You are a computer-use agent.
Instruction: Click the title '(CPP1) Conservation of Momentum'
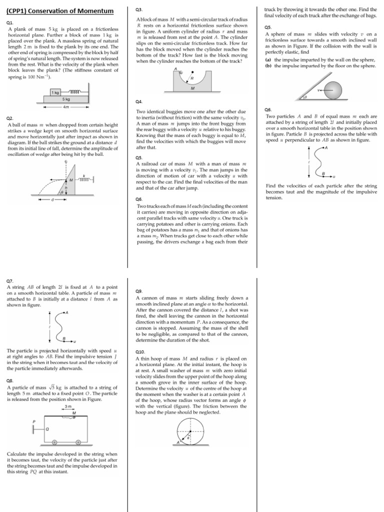pos(59,11)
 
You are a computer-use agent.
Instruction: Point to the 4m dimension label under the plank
pos(66,107)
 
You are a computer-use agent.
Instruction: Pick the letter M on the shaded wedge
pos(71,179)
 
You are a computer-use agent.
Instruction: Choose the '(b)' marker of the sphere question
pos(268,65)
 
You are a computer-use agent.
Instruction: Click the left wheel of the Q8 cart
pos(56,442)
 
